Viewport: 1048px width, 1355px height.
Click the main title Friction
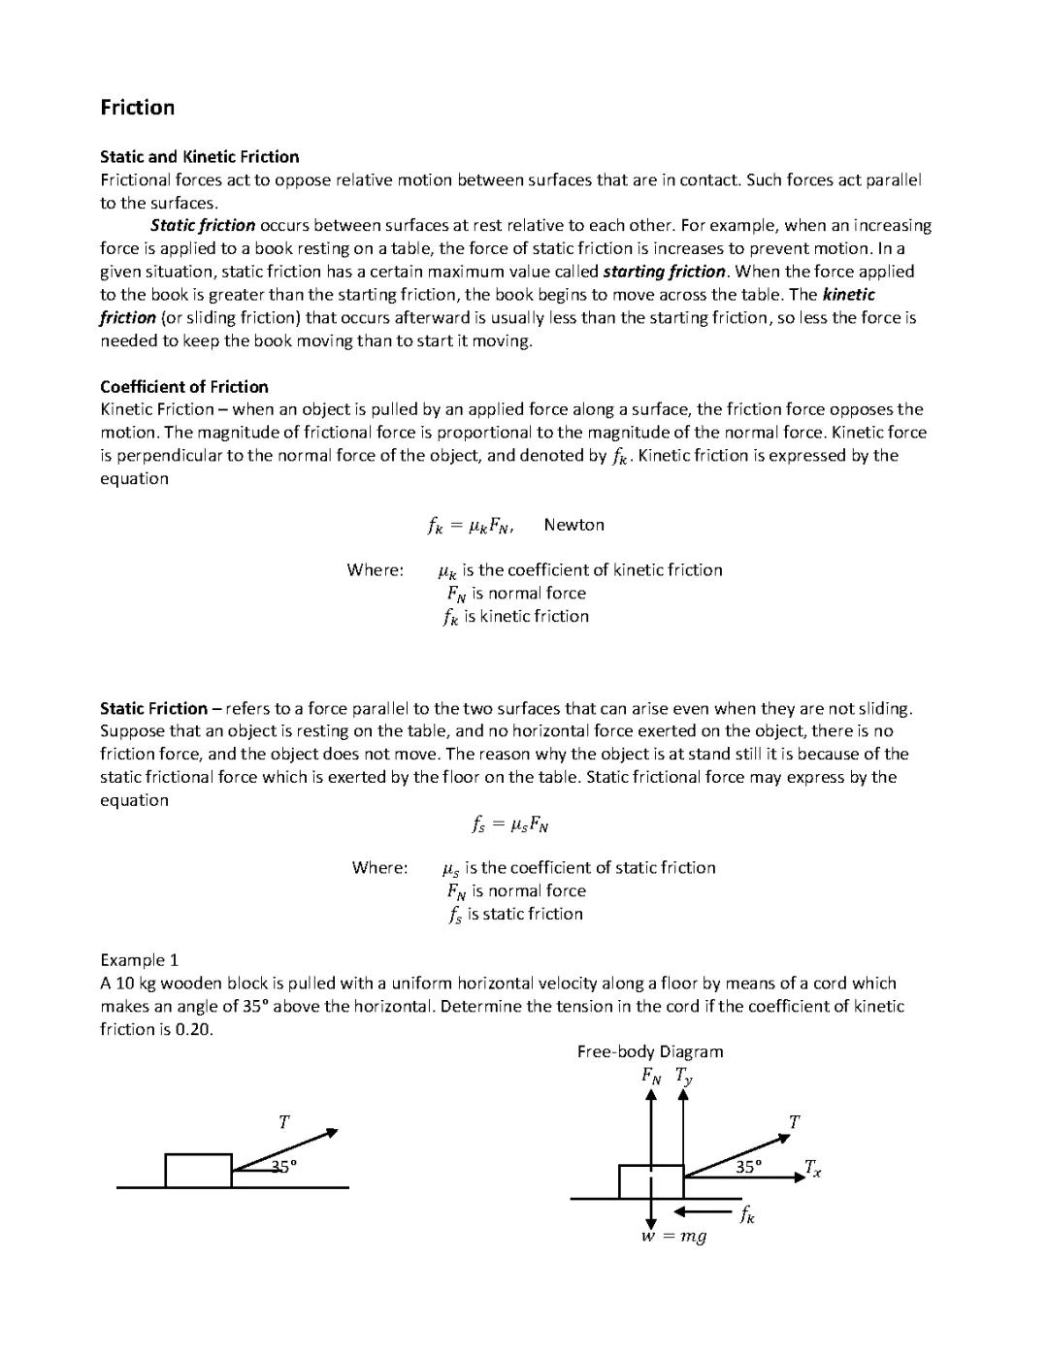tap(137, 108)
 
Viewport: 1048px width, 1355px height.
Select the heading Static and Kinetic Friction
tap(199, 157)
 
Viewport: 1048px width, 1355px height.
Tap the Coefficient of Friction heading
tap(184, 387)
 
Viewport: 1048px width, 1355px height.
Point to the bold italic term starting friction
tap(664, 272)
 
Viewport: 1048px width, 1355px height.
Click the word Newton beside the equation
tap(573, 525)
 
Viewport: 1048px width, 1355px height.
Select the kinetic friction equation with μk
tap(471, 526)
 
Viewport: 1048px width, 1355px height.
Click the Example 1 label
tap(139, 960)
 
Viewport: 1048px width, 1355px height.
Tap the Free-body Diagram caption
tap(649, 1051)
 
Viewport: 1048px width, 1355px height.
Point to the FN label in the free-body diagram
tap(651, 1075)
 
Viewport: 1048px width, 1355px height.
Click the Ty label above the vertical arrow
tap(684, 1075)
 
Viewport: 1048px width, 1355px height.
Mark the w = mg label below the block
tap(673, 1237)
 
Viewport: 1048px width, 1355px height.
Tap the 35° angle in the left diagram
tap(283, 1167)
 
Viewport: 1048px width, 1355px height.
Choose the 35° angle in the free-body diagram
tap(748, 1167)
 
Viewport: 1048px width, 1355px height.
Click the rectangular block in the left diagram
tap(198, 1171)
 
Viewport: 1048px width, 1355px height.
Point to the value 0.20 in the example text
tap(194, 1029)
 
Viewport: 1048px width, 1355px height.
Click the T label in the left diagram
tap(283, 1122)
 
